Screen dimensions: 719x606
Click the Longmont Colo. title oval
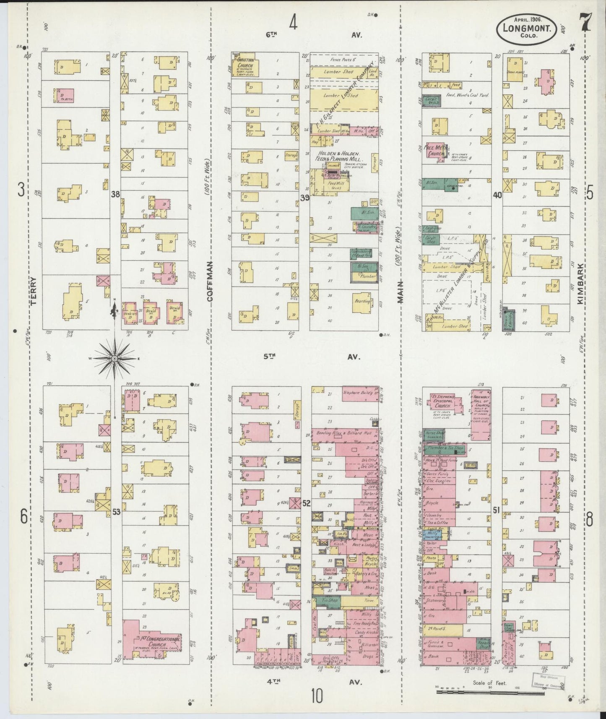527,29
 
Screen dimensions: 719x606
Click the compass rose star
114,359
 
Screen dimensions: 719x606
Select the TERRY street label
34,290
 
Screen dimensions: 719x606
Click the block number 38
115,194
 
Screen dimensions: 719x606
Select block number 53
116,511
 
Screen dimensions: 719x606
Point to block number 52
307,503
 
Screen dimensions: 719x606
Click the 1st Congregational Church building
153,642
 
